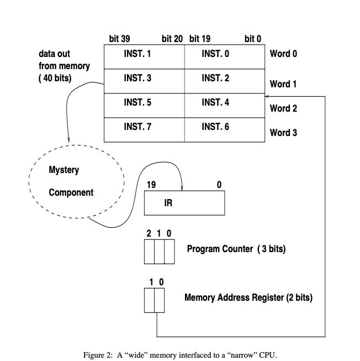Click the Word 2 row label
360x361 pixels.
[283, 108]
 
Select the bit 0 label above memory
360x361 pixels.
[253, 39]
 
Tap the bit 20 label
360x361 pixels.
[172, 39]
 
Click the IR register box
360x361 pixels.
[184, 203]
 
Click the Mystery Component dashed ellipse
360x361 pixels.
[76, 182]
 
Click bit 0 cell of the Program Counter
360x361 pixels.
[170, 252]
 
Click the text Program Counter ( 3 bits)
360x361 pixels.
[236, 249]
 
